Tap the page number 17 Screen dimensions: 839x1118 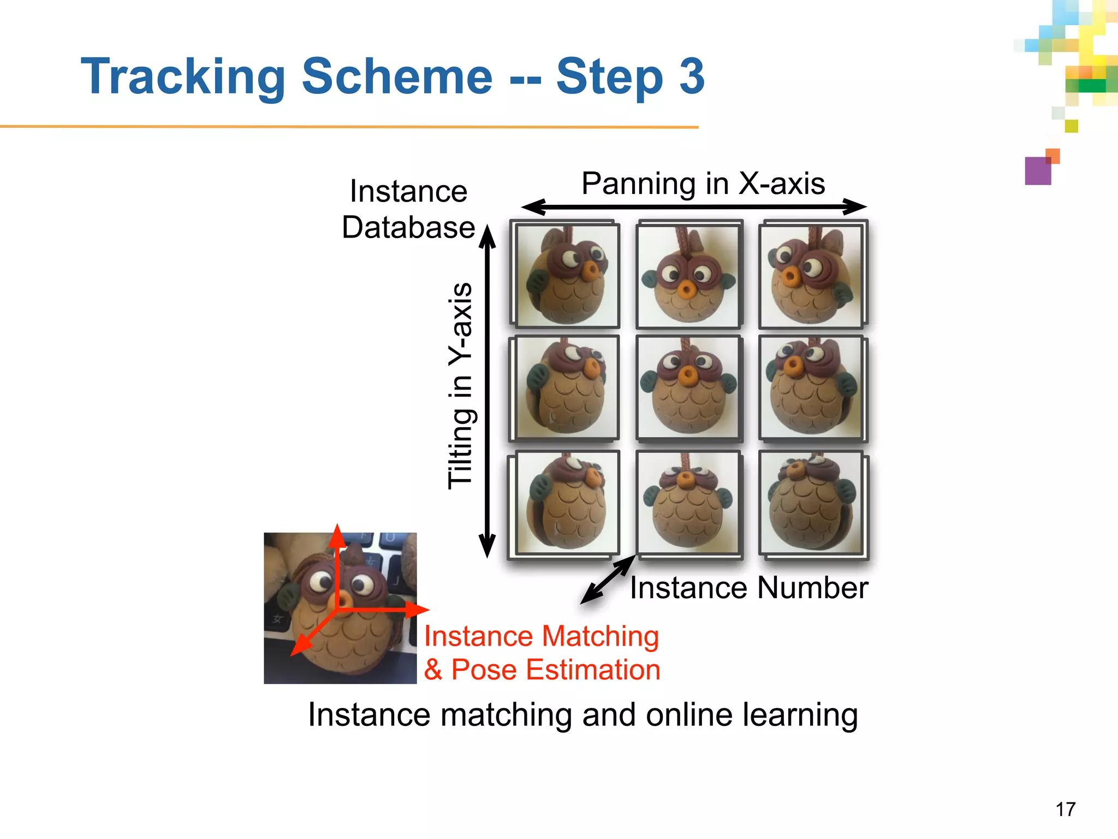click(x=1065, y=809)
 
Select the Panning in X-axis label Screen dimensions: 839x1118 click(x=703, y=184)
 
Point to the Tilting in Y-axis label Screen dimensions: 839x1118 click(x=460, y=386)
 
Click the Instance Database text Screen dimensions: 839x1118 click(x=408, y=209)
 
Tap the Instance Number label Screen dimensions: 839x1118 click(x=748, y=588)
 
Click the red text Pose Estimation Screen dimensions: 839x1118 click(x=556, y=670)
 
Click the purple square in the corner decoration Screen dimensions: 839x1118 click(x=1038, y=171)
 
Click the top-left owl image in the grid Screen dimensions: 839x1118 click(x=567, y=275)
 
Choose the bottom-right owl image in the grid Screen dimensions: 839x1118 click(x=811, y=503)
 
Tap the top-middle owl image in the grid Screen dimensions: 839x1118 click(x=688, y=275)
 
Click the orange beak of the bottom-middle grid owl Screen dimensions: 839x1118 click(x=685, y=479)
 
